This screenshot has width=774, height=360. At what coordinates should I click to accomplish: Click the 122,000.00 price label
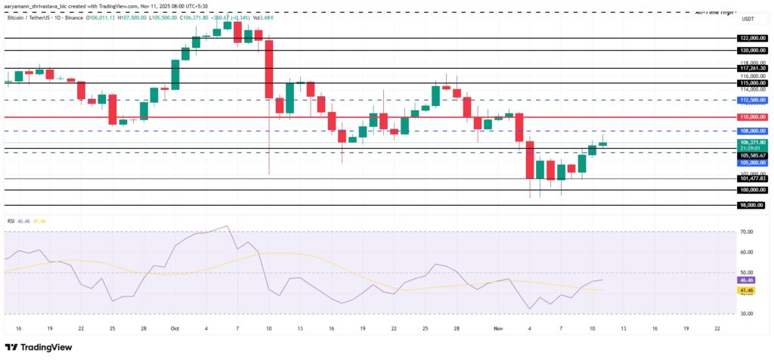(753, 37)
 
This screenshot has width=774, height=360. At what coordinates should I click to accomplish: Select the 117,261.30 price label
(753, 68)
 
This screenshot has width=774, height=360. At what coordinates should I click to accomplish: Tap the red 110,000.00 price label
(753, 117)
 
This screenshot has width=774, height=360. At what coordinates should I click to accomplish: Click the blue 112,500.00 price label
(753, 100)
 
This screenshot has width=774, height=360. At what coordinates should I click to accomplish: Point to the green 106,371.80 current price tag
(753, 141)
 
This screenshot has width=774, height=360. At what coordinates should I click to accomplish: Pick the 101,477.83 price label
(753, 178)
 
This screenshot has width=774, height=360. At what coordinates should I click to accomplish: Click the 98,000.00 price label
(753, 205)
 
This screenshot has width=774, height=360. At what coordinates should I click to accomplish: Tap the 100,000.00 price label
(753, 190)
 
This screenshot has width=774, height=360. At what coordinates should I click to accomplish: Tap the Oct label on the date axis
(175, 329)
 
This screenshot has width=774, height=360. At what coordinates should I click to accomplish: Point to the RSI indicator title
(11, 221)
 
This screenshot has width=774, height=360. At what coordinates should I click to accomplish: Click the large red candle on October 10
(268, 69)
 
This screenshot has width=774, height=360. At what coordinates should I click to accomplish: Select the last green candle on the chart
(602, 143)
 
